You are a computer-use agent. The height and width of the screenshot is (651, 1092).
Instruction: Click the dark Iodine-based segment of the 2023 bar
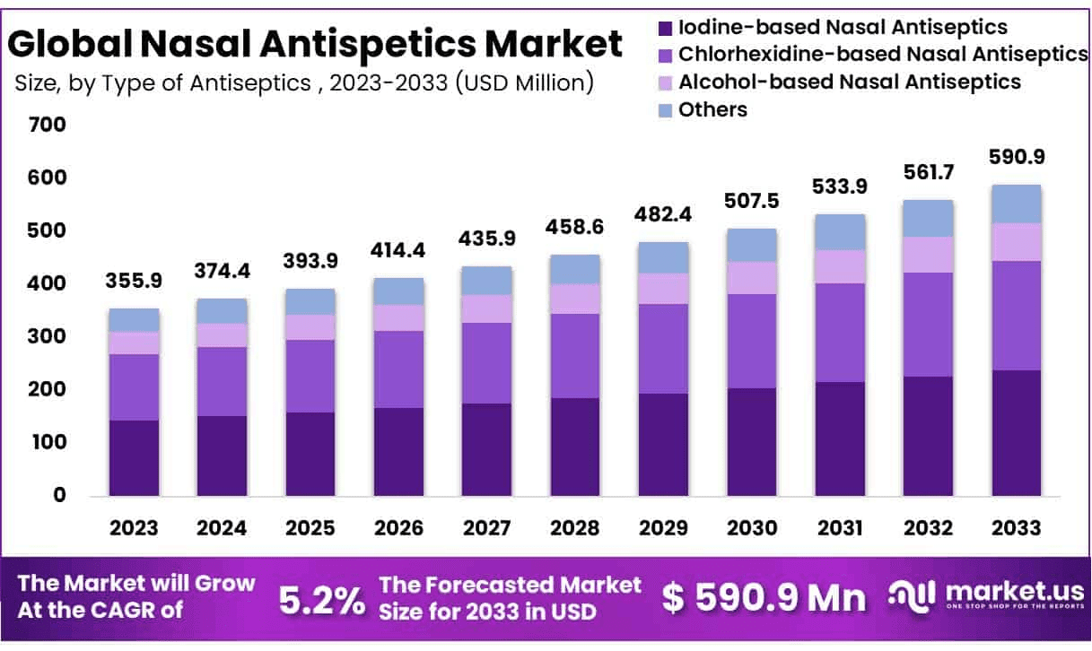(134, 457)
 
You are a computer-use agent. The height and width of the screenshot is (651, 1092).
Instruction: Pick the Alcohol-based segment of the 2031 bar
(840, 266)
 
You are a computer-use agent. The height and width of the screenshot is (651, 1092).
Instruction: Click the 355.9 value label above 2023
(134, 281)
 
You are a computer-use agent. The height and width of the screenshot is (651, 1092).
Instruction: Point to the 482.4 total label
(662, 215)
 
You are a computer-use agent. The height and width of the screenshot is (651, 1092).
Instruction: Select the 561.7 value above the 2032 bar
(927, 172)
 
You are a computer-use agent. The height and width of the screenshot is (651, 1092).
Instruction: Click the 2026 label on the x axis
(398, 527)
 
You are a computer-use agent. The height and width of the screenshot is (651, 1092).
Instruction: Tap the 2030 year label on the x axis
(751, 527)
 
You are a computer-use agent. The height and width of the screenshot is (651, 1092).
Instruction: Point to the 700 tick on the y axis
(47, 125)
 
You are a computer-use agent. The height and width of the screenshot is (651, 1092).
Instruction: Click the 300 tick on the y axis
(47, 336)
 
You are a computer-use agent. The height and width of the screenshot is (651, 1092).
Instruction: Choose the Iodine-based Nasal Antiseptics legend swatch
(665, 28)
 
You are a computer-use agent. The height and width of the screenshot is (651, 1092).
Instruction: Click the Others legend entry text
(712, 109)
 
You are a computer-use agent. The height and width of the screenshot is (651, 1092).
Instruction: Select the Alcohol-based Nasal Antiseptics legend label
(850, 82)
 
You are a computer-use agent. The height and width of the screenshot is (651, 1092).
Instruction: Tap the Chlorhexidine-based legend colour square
(665, 55)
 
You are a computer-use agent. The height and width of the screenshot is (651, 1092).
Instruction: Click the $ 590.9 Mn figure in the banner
(764, 598)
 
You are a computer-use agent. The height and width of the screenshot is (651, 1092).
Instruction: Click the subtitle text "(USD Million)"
(525, 83)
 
